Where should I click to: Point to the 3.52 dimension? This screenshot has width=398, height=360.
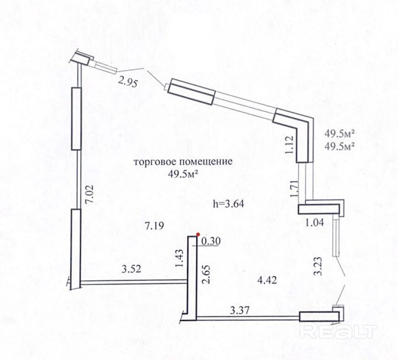[x=132, y=269]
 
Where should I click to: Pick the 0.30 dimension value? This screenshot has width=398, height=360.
[x=212, y=241]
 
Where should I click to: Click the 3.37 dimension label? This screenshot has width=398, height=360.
[x=240, y=310]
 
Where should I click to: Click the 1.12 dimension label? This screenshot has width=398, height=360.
[x=287, y=144]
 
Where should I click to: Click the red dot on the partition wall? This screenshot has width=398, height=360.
[x=197, y=234]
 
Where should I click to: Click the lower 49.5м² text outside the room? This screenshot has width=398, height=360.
[x=340, y=147]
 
